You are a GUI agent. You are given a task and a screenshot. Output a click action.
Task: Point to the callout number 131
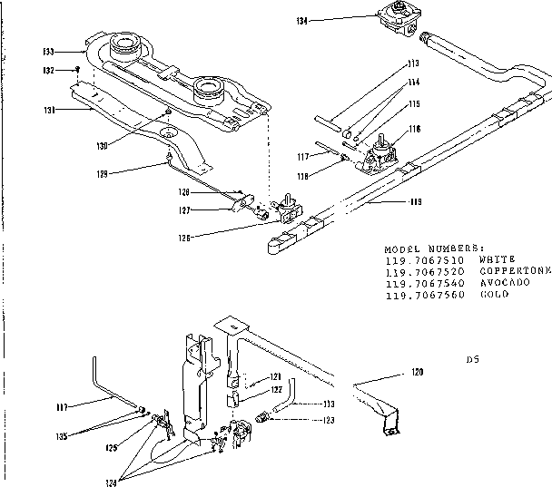tap(51, 109)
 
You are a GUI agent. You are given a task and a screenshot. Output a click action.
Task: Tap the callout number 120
tap(418, 372)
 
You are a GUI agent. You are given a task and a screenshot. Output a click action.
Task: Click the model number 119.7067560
tap(424, 294)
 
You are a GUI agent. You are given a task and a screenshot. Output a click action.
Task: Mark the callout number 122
tap(276, 389)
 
